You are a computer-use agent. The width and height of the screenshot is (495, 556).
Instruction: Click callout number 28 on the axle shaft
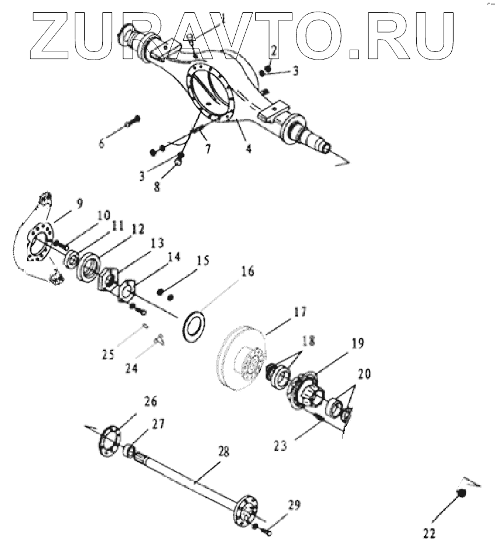(224, 451)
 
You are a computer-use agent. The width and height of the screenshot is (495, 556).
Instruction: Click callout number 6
(102, 142)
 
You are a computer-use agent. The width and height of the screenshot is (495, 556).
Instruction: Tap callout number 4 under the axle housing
(248, 149)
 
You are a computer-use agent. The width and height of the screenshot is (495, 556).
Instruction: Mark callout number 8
(157, 189)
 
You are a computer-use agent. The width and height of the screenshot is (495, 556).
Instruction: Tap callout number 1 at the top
(224, 19)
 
